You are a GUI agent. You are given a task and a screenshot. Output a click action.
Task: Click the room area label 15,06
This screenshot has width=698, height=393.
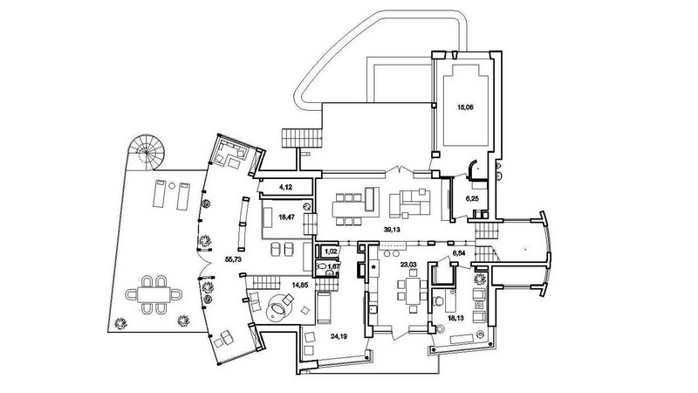tap(466, 107)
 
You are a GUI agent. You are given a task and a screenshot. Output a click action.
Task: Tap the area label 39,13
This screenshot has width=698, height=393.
tap(391, 230)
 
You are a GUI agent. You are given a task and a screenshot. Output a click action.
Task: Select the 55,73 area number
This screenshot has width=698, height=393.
tap(233, 259)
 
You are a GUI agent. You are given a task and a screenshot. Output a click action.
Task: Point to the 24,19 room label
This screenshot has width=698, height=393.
tap(339, 336)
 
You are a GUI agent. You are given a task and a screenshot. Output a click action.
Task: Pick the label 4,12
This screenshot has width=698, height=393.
tap(285, 187)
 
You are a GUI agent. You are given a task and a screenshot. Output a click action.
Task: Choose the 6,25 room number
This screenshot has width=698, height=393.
tap(472, 199)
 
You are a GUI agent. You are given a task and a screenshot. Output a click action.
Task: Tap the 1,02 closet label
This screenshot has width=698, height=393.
tap(331, 252)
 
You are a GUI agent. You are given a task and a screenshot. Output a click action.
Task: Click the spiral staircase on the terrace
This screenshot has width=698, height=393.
tap(146, 152)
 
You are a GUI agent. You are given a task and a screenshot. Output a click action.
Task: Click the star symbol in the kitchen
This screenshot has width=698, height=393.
tap(374, 267)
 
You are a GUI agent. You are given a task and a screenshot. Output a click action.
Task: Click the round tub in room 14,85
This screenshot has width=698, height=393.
tap(277, 308)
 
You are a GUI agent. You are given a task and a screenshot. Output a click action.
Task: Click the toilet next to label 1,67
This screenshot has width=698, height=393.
tap(321, 267)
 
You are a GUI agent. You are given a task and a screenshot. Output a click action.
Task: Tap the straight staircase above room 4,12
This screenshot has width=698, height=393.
tap(302, 138)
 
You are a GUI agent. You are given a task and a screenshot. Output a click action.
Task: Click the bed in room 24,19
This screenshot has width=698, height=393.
tap(324, 307)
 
